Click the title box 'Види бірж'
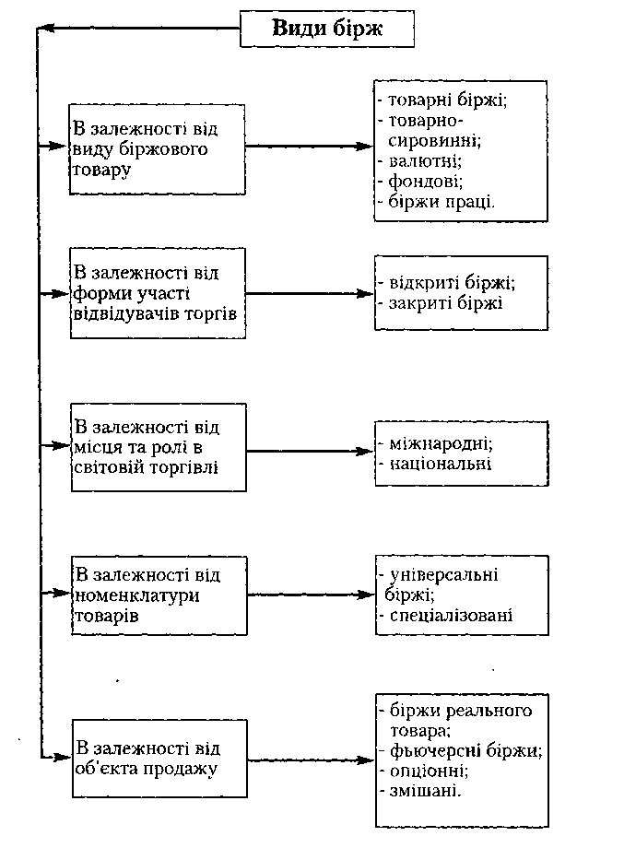pos(326,29)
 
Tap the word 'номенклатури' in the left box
pos(136,595)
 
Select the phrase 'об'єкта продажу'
pos(146,769)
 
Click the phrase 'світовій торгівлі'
pos(146,466)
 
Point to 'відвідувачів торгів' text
pos(155,313)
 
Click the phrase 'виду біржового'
pos(140,149)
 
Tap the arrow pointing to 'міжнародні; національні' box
pos(310,451)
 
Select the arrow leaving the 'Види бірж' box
pos(139,29)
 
